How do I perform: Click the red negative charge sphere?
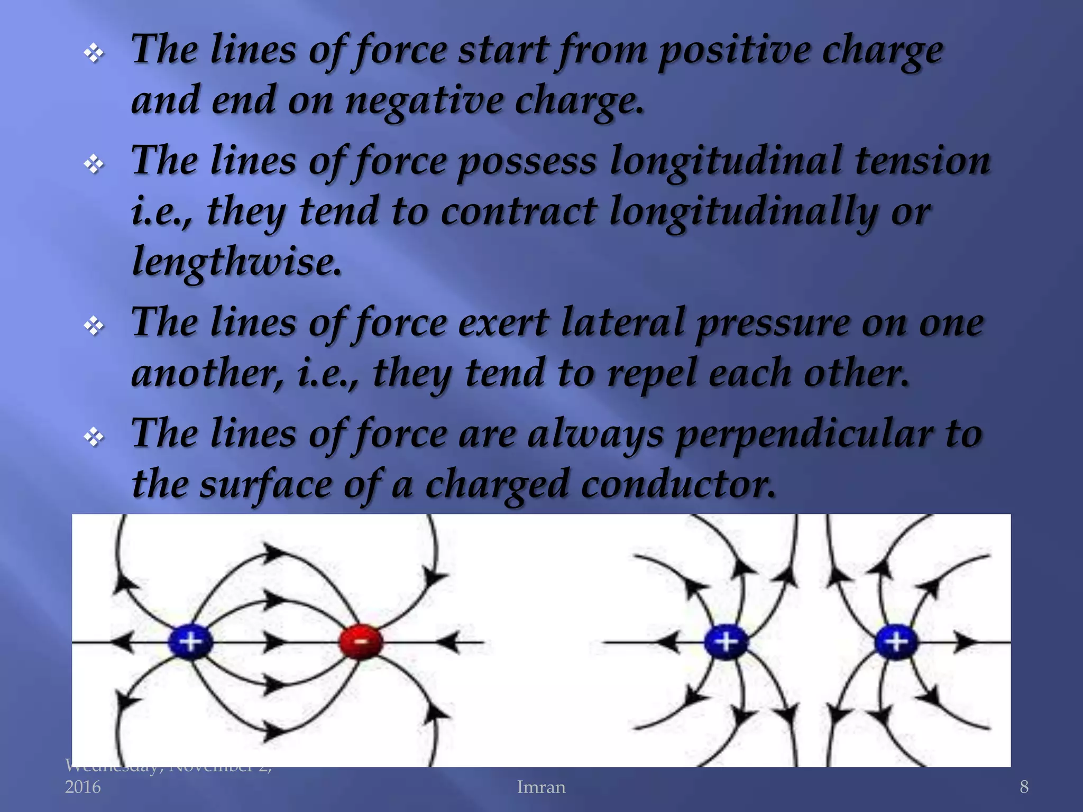pyautogui.click(x=361, y=642)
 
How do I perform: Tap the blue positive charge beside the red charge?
pyautogui.click(x=190, y=642)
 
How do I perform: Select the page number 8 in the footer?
pyautogui.click(x=1024, y=787)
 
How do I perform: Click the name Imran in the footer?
pyautogui.click(x=541, y=787)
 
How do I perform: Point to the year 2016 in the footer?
pyautogui.click(x=82, y=787)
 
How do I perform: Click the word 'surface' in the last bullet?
pyautogui.click(x=264, y=484)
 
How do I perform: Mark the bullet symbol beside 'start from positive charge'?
pyautogui.click(x=94, y=53)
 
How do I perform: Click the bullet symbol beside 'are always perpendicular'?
pyautogui.click(x=94, y=437)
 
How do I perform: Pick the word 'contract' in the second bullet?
pyautogui.click(x=519, y=211)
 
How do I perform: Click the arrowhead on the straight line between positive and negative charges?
pyautogui.click(x=275, y=642)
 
